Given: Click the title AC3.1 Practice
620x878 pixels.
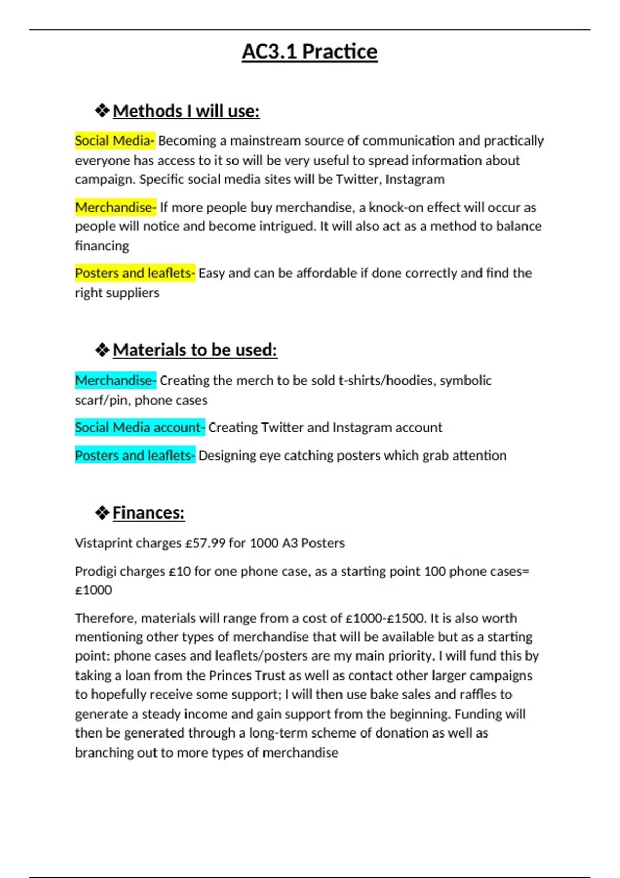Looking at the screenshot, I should [309, 52].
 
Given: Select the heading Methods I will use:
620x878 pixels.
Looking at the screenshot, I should [186, 111].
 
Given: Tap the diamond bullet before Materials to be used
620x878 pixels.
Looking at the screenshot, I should [102, 350].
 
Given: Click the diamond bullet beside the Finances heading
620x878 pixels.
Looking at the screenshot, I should [102, 513].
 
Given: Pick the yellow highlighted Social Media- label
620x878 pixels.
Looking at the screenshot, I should [115, 141].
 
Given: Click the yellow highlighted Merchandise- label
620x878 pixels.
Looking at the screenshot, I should [116, 208].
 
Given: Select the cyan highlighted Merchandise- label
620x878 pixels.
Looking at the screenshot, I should [116, 381].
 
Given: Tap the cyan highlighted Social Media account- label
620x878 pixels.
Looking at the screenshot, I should [140, 428].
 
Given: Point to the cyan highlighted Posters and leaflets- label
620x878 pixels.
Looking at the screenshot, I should [135, 456].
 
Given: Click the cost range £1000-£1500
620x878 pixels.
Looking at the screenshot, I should [384, 618].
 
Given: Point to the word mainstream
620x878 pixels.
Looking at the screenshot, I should [265, 141].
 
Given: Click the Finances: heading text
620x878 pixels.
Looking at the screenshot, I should [148, 513].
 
